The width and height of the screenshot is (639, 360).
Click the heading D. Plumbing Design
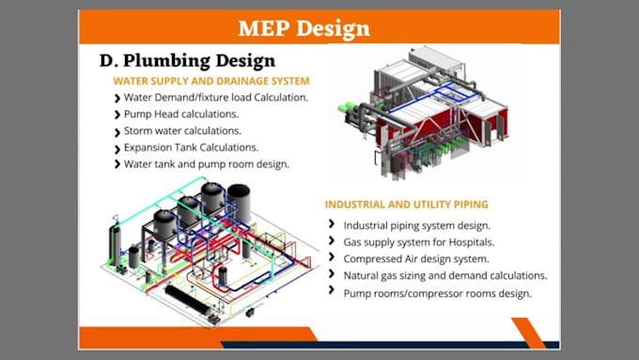[x=174, y=60]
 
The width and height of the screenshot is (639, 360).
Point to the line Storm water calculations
[x=182, y=131]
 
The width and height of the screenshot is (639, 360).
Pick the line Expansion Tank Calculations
[x=191, y=148]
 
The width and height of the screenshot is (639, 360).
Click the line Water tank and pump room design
[x=206, y=164]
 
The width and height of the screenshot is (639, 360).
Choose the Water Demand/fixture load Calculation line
[x=216, y=97]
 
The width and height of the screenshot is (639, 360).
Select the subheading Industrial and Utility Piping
[x=406, y=204]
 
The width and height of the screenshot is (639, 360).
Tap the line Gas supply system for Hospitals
[x=418, y=242]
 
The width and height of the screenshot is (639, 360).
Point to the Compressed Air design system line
[x=415, y=258]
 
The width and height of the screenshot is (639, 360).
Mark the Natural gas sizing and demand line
[x=444, y=275]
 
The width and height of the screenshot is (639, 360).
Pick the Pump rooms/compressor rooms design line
[x=438, y=292]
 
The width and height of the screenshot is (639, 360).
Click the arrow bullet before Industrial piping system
[x=333, y=225]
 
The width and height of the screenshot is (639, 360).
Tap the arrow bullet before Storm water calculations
[x=117, y=131]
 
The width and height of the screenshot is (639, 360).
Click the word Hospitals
[x=468, y=242]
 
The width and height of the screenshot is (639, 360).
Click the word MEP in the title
[x=264, y=27]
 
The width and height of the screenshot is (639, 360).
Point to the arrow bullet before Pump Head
[x=117, y=114]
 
